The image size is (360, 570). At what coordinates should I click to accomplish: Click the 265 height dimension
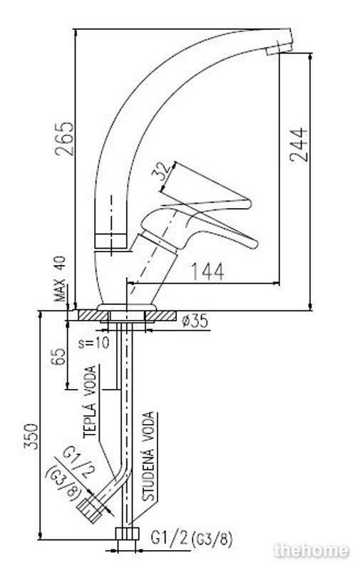point(64,139)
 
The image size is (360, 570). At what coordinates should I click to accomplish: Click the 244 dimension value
point(299,145)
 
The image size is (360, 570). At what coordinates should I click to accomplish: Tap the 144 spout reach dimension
point(207,271)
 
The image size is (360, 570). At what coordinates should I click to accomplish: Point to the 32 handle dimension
point(161,172)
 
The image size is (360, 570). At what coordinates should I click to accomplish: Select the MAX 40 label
point(61,279)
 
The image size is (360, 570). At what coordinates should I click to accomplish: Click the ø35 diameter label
point(195,321)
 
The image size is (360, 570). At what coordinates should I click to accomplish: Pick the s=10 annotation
point(94,343)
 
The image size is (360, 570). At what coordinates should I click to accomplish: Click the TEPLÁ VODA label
point(90,401)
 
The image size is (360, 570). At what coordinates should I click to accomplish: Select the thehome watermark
point(312,550)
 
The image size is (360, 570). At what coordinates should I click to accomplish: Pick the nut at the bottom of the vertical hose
point(128,534)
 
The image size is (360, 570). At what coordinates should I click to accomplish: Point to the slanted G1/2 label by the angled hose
point(78,462)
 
